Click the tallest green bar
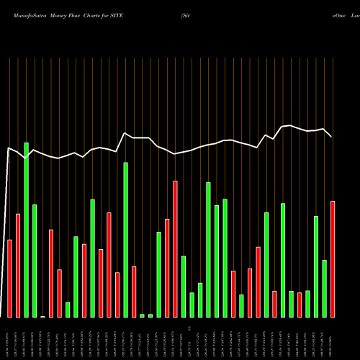click(27, 230)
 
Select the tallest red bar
click(175, 248)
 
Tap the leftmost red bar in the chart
click(10, 278)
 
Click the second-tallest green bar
click(125, 239)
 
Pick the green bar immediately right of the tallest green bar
click(35, 261)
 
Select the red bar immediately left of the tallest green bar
click(18, 265)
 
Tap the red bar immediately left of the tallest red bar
click(167, 268)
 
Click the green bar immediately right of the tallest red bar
click(184, 286)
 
